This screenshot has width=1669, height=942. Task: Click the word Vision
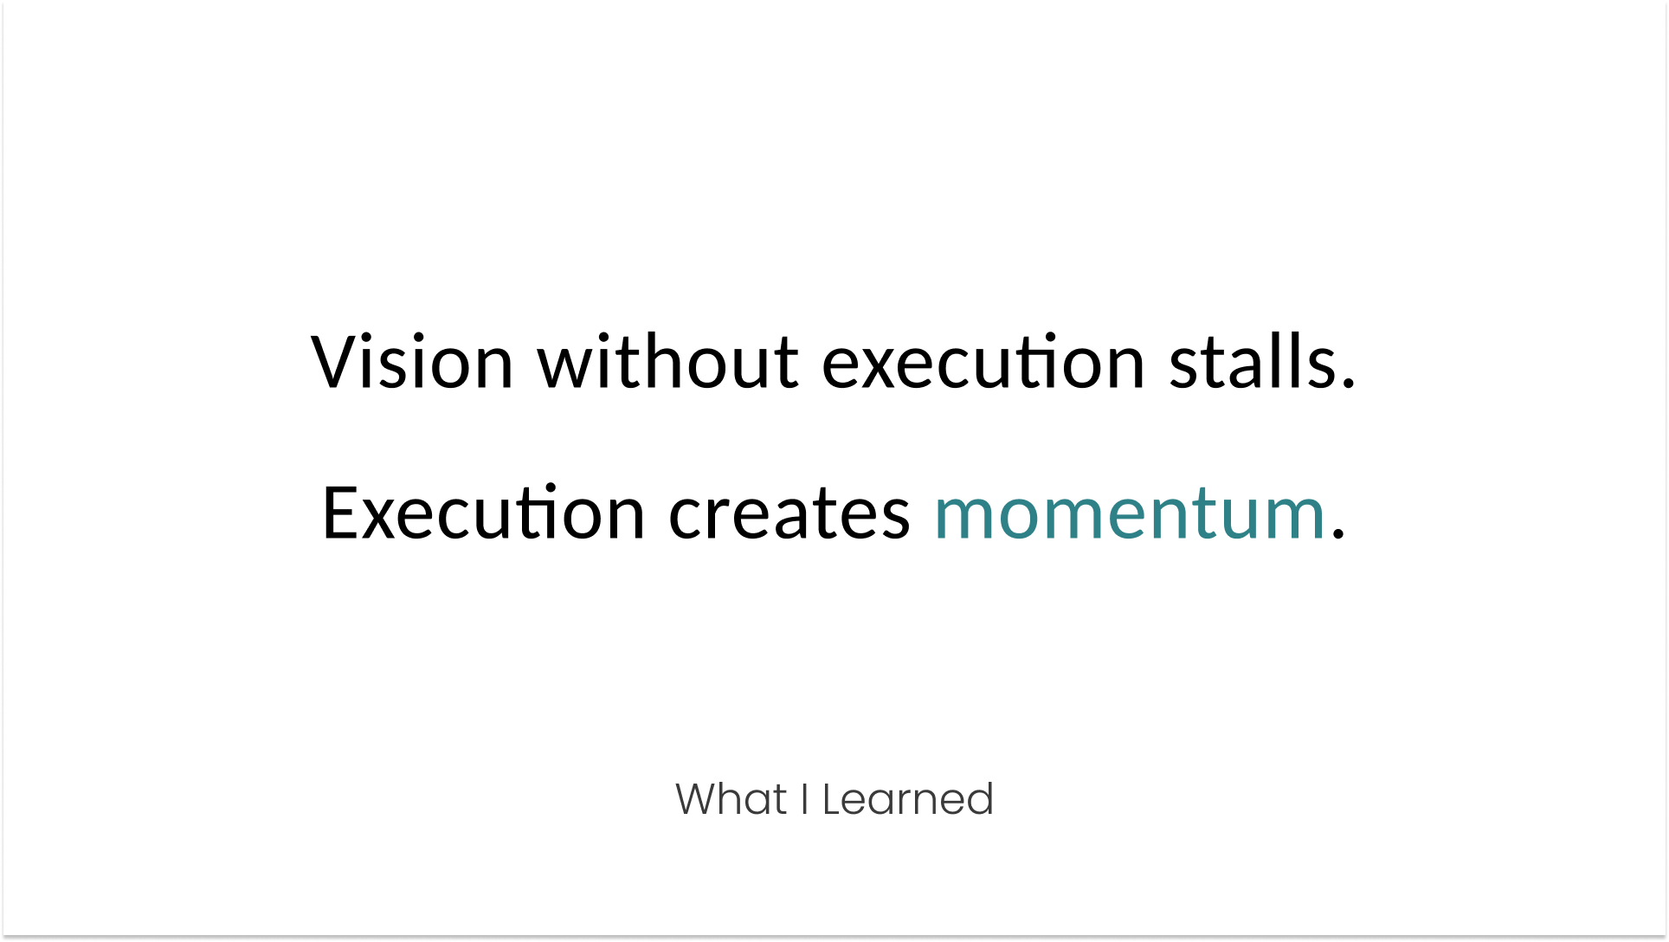click(x=412, y=362)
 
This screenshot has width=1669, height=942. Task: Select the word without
click(x=667, y=362)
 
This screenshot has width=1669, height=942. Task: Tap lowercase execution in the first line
click(x=983, y=362)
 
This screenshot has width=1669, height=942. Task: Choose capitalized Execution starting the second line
click(x=483, y=513)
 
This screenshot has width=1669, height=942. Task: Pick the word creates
click(x=789, y=513)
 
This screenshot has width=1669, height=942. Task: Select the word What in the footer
click(x=731, y=799)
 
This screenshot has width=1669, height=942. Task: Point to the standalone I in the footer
click(x=805, y=799)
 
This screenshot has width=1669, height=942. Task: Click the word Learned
click(x=907, y=799)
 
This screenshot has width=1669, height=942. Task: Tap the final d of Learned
click(x=982, y=799)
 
